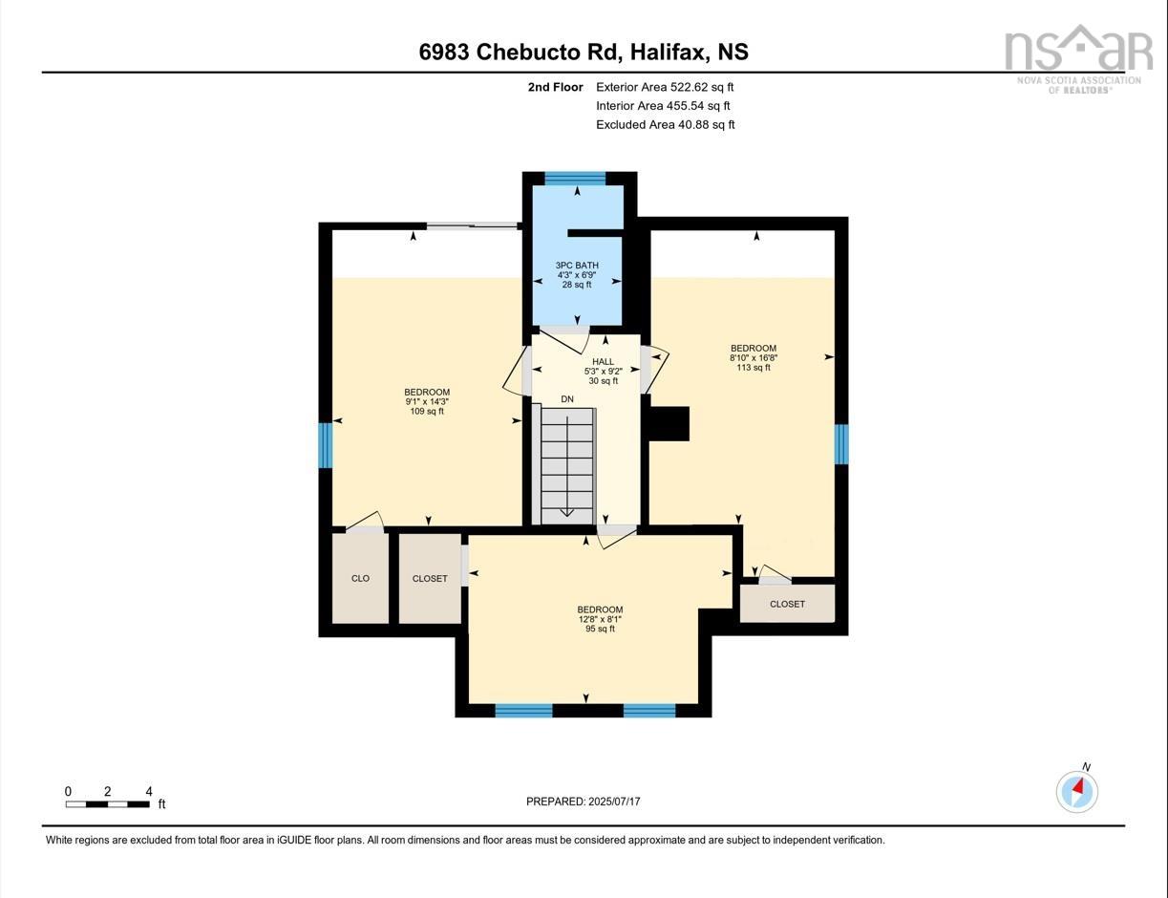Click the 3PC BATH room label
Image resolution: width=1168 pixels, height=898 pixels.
(577, 265)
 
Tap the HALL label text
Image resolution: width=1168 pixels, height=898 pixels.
(603, 362)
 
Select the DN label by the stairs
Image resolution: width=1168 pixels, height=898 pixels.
(567, 398)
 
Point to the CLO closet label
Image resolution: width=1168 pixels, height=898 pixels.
(360, 578)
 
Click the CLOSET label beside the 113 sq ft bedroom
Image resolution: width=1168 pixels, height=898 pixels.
(787, 604)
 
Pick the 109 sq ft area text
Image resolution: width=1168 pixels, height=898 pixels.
(427, 412)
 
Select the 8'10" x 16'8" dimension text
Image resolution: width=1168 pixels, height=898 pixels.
(754, 358)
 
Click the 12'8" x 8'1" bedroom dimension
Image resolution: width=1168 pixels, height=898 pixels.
(600, 619)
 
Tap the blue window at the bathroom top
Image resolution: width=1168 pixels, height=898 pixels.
(575, 178)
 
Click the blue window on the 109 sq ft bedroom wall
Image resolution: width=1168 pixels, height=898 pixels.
(326, 445)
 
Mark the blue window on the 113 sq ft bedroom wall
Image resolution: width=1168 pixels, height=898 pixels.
(841, 444)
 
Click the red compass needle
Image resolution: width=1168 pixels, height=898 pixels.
(1078, 787)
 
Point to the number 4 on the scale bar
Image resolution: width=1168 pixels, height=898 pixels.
(149, 791)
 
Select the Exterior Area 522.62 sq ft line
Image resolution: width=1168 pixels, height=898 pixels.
(665, 87)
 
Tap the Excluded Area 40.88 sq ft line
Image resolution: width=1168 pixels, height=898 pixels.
(666, 125)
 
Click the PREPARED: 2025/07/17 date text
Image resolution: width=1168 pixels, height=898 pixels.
(584, 802)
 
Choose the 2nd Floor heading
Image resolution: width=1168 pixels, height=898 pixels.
(555, 87)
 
